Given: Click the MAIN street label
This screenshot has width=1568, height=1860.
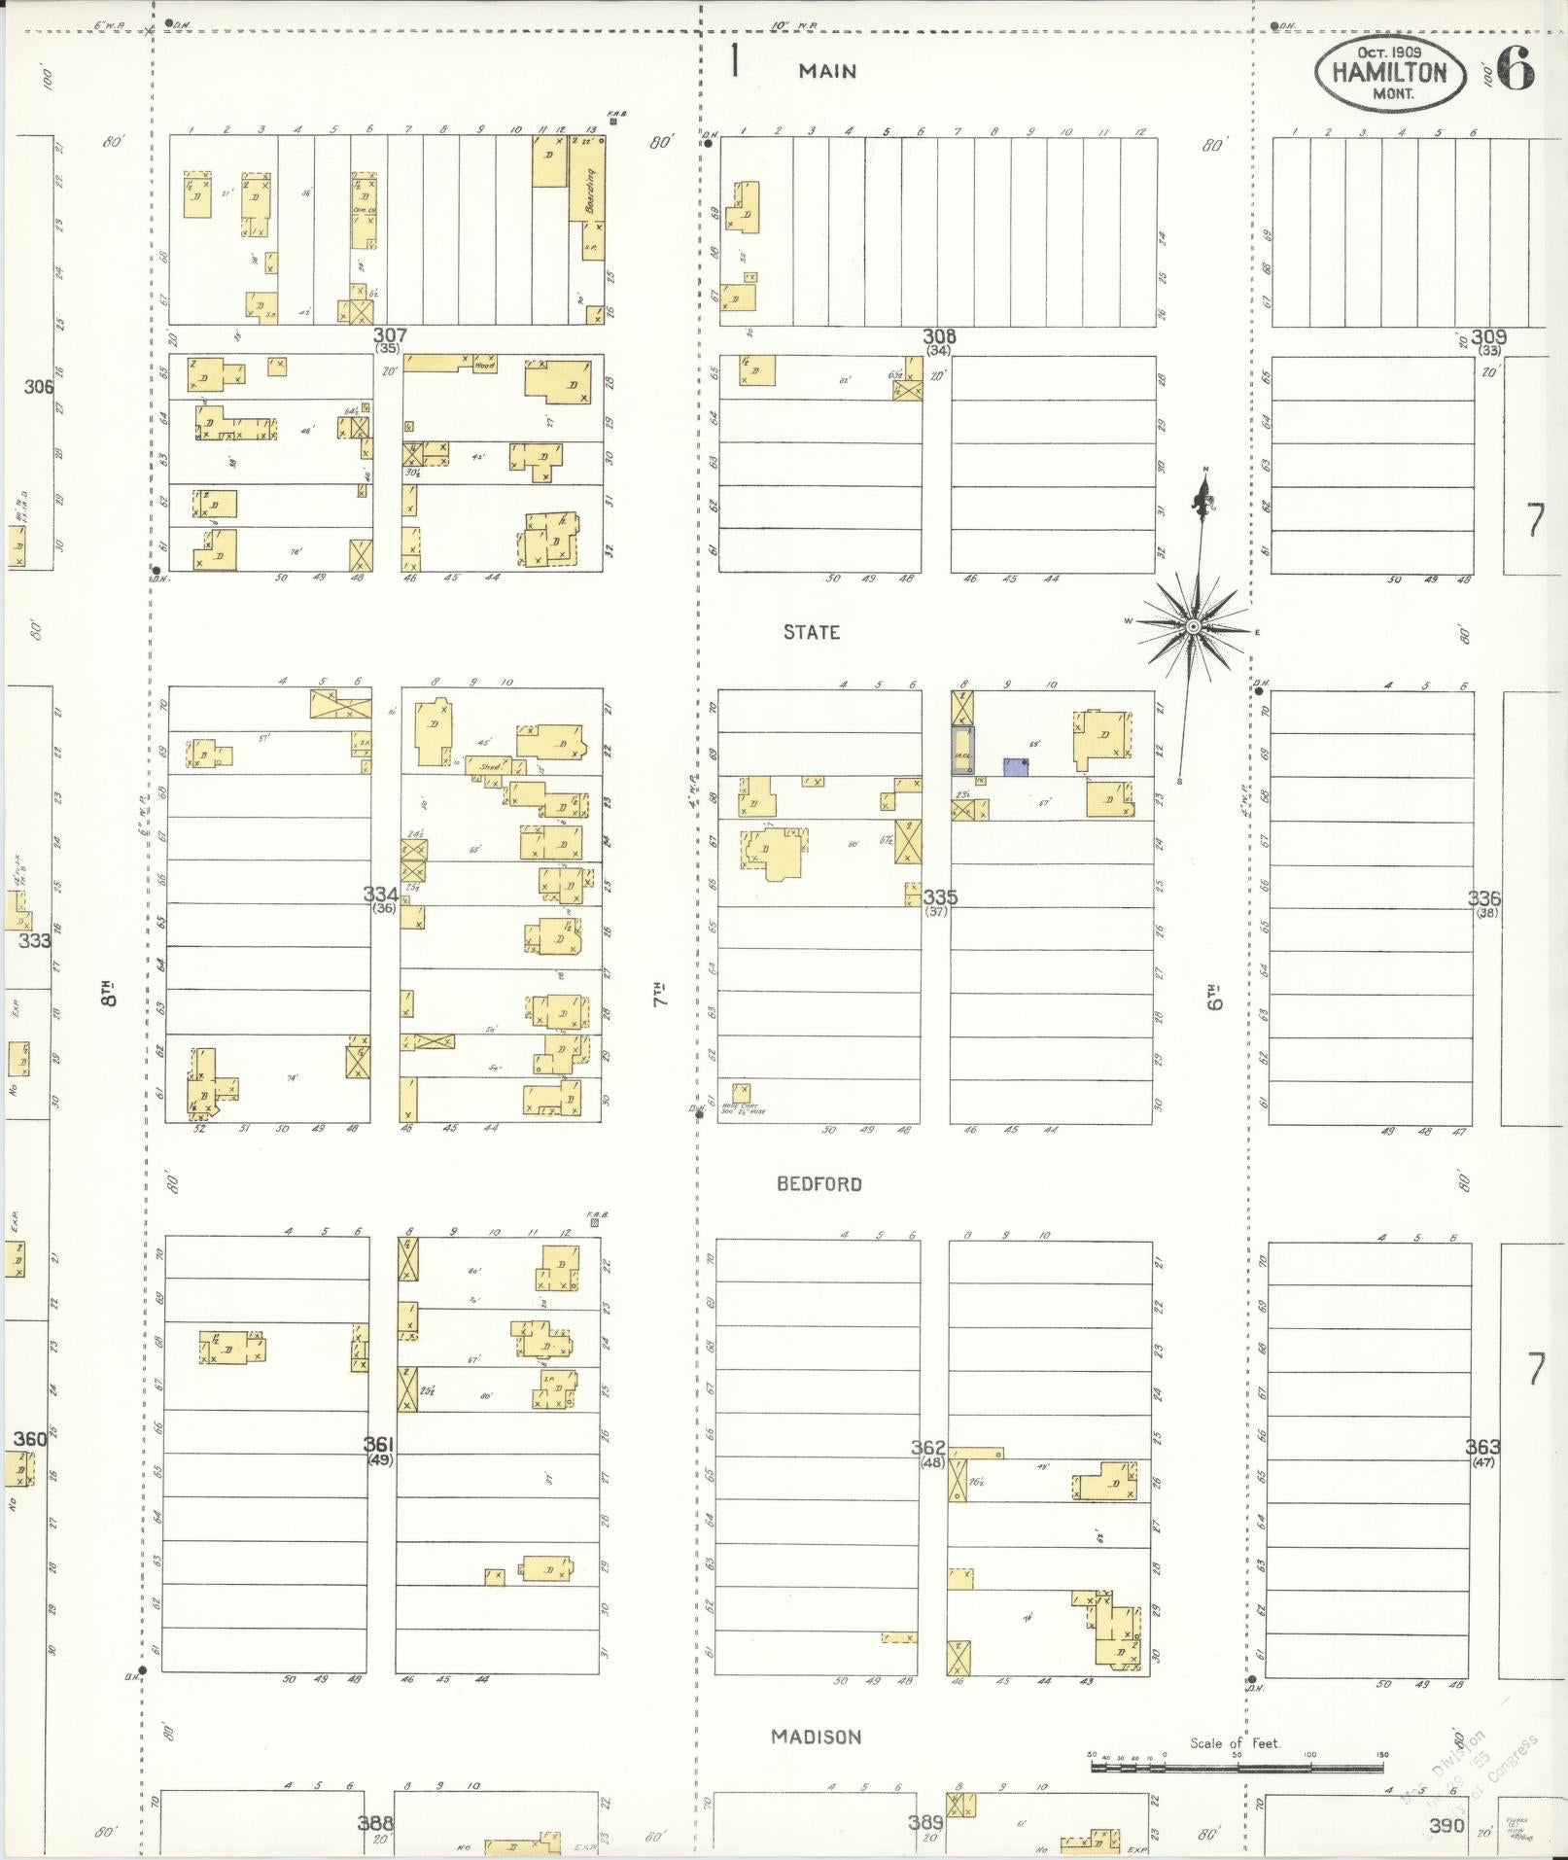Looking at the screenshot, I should pyautogui.click(x=827, y=71).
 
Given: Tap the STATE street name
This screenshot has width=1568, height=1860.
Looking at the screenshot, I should pyautogui.click(x=812, y=633).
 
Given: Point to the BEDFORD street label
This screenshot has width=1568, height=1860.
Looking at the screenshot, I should pyautogui.click(x=819, y=1184).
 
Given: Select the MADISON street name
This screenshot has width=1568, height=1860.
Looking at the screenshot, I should pyautogui.click(x=817, y=1737).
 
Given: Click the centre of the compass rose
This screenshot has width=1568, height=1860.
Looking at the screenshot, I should pyautogui.click(x=1194, y=627).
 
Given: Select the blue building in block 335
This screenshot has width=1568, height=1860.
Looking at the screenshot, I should pyautogui.click(x=1016, y=767).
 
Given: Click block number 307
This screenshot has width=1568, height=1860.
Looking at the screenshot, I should pyautogui.click(x=391, y=335).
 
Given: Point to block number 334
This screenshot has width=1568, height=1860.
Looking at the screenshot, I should pyautogui.click(x=380, y=895).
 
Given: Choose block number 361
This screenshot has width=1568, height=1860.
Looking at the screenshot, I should pyautogui.click(x=377, y=1445).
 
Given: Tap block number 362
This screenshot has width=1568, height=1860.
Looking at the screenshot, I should pyautogui.click(x=927, y=1448).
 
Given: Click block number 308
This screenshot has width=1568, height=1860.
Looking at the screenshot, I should pyautogui.click(x=939, y=336).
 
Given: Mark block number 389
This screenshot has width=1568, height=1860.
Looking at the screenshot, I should pyautogui.click(x=926, y=1823).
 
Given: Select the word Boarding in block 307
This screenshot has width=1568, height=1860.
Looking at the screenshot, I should pyautogui.click(x=590, y=191).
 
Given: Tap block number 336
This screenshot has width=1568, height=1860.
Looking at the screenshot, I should pyautogui.click(x=1484, y=898).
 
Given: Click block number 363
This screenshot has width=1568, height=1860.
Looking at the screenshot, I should pyautogui.click(x=1483, y=1447).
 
